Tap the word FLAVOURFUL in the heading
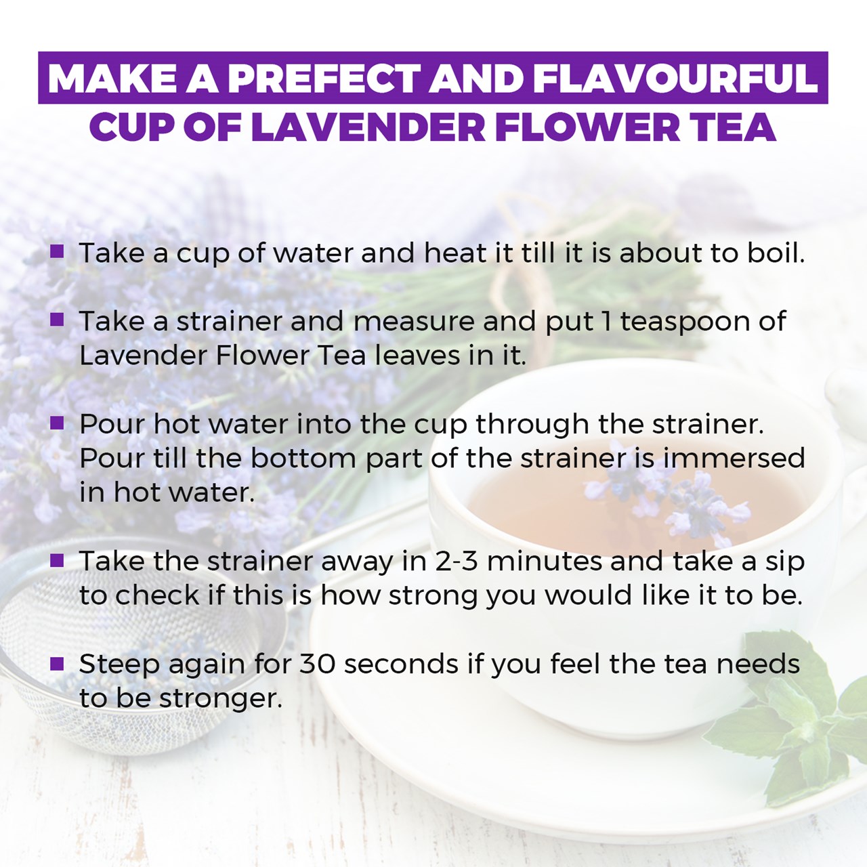pos(675,79)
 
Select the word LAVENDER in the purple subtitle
pos(368,127)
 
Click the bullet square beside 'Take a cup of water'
pos(57,251)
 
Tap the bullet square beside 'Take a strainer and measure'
pos(57,319)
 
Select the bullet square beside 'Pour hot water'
pos(57,423)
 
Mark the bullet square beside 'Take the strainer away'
pos(57,560)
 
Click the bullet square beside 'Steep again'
pos(57,663)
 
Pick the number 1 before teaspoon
pos(606,321)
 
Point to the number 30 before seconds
pos(318,664)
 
